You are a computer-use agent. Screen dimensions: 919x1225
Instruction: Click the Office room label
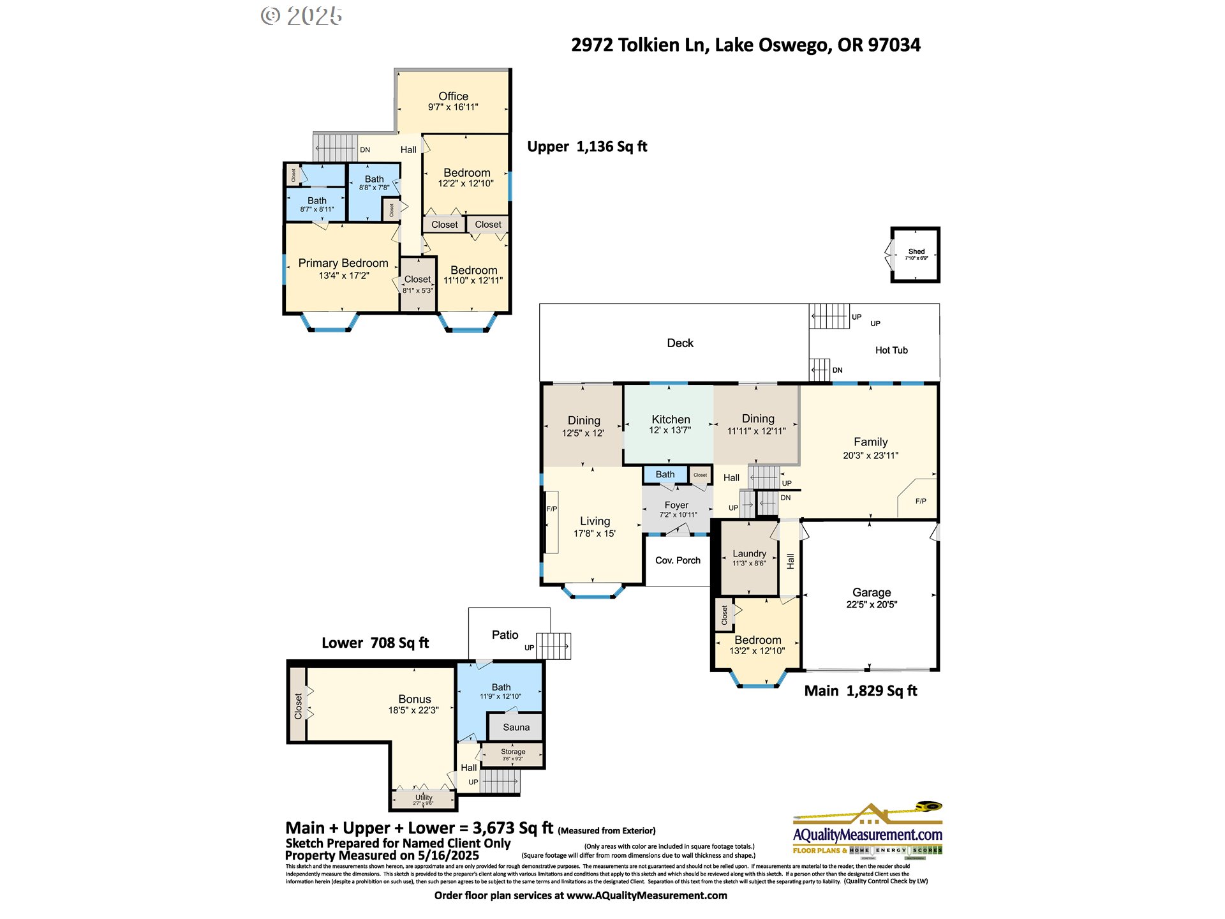tap(453, 96)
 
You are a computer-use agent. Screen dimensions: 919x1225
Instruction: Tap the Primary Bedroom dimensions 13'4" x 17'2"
tap(344, 276)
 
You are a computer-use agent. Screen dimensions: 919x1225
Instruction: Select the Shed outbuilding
tap(916, 255)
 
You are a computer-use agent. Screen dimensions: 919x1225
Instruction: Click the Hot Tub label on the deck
tap(891, 350)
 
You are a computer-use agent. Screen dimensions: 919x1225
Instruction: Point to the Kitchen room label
tap(671, 419)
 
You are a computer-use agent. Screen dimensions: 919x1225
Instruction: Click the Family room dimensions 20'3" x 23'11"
tap(870, 456)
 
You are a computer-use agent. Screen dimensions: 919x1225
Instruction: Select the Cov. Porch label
tap(678, 560)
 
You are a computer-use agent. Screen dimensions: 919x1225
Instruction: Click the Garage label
tap(872, 592)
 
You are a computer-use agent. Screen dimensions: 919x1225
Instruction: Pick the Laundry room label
tap(749, 553)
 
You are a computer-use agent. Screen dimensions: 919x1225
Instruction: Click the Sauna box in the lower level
tap(516, 727)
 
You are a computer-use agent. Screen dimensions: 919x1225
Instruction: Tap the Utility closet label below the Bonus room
tap(424, 798)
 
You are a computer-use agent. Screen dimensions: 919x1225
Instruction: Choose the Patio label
tap(505, 635)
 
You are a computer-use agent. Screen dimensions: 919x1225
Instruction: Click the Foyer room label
tap(676, 505)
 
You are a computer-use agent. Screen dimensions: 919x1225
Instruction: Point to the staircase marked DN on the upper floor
tap(335, 148)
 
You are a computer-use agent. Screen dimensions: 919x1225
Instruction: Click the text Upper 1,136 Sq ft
tap(587, 147)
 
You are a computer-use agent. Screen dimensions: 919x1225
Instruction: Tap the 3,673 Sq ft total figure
tap(512, 828)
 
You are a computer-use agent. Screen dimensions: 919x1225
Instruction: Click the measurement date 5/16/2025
tap(448, 856)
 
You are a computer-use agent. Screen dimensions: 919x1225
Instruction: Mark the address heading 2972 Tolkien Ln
tap(639, 45)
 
